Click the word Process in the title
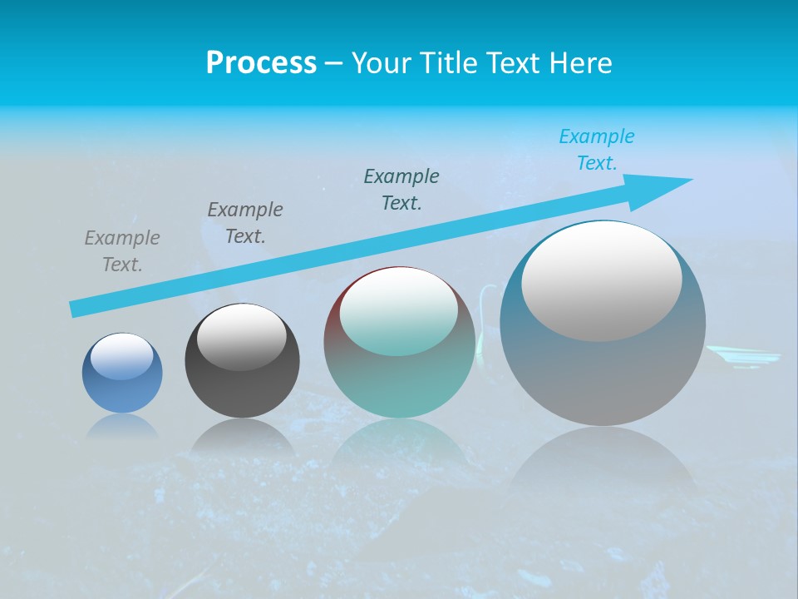[261, 63]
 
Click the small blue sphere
[122, 374]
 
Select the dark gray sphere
[242, 361]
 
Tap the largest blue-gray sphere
[603, 323]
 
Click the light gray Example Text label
[122, 251]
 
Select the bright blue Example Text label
[597, 150]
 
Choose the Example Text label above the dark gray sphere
[245, 223]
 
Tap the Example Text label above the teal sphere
[401, 190]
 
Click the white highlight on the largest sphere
[602, 282]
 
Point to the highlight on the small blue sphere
[122, 357]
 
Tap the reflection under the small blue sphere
[122, 426]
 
